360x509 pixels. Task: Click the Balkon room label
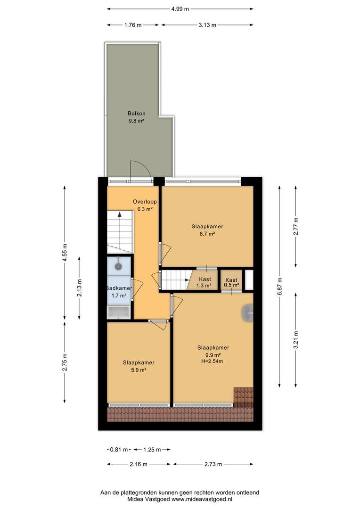click(x=136, y=114)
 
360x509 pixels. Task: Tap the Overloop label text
click(x=145, y=202)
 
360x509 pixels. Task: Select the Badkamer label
click(x=119, y=288)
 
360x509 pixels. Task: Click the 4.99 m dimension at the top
click(x=180, y=9)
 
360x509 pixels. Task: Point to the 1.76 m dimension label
click(x=133, y=25)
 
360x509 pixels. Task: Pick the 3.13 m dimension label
click(x=207, y=25)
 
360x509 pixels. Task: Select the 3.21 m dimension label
click(x=296, y=340)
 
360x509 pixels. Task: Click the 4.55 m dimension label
click(x=65, y=252)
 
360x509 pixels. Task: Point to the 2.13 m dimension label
click(x=80, y=288)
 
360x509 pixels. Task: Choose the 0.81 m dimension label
click(x=119, y=450)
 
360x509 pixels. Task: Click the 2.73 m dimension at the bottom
click(x=213, y=464)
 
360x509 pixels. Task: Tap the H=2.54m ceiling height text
click(x=213, y=361)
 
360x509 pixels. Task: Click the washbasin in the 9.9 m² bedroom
click(x=248, y=313)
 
